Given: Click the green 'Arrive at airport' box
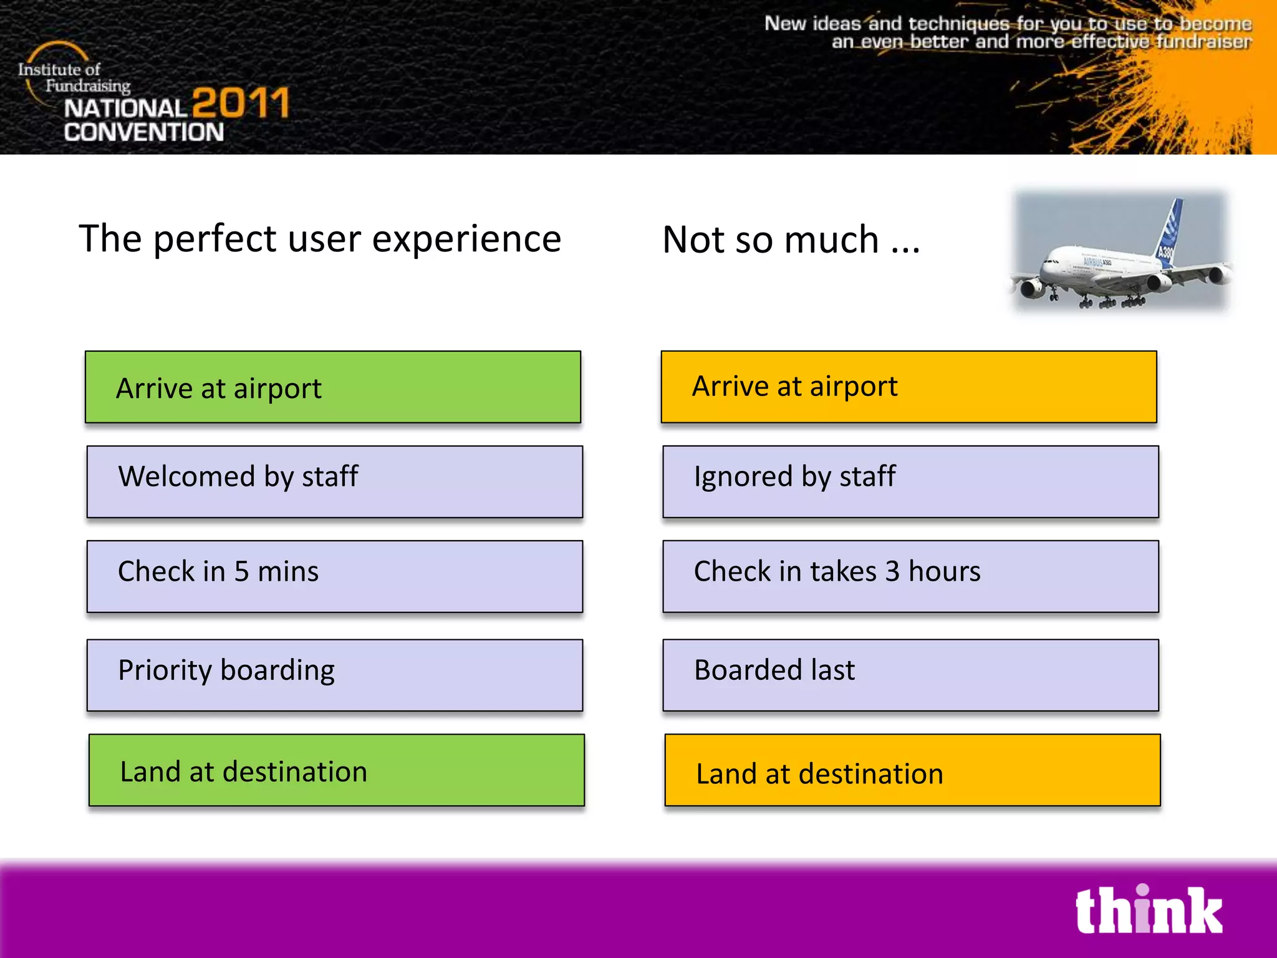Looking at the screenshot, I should pos(333,387).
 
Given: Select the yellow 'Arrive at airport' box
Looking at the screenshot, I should pos(908,387).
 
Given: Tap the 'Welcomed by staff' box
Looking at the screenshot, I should pos(335,481).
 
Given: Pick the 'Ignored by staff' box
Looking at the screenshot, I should pos(910,481).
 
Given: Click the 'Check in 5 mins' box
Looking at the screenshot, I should pos(335,576).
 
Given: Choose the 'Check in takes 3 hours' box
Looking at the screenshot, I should pos(910,576).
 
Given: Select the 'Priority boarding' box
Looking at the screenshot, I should pos(335,675).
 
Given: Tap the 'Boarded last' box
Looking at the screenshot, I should pos(910,675).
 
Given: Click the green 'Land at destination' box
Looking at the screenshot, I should pos(337,770).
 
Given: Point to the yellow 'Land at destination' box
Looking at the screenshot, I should pos(912,770).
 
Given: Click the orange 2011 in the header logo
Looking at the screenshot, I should pos(241,103).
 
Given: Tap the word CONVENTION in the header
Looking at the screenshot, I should pos(143,132).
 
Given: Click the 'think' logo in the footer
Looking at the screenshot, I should pos(1148,911).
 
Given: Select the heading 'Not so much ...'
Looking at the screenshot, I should pos(791,240).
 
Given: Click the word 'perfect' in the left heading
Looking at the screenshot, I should pos(215,239).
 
